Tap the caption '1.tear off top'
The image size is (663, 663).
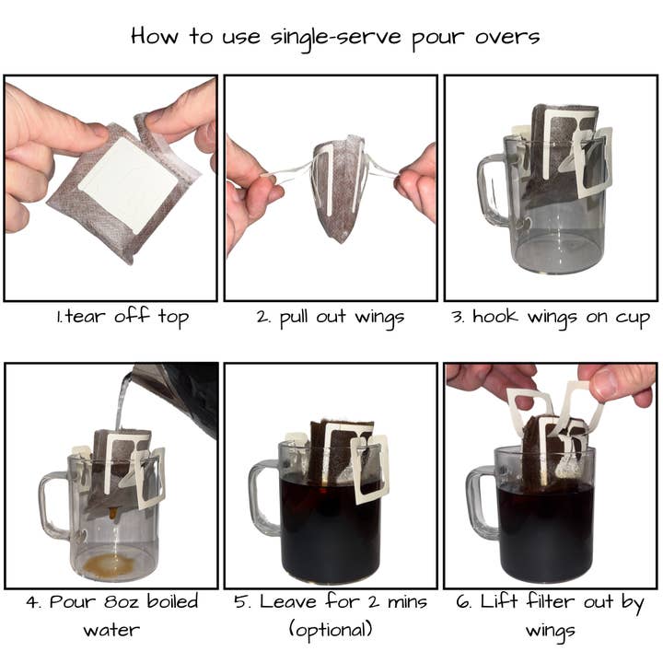tap(122, 318)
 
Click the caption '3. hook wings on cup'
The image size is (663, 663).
tap(552, 318)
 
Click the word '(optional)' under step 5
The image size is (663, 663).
tap(330, 632)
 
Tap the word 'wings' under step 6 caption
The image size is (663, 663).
tap(551, 632)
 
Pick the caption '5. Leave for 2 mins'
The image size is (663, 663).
tap(330, 603)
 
